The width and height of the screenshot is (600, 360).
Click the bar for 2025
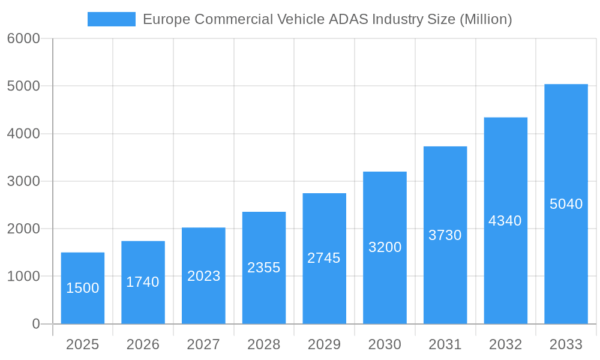[x=83, y=288]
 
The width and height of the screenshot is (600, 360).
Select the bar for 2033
[x=566, y=204]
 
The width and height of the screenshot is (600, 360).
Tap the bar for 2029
[x=324, y=258]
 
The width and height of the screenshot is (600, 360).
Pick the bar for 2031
[x=445, y=235]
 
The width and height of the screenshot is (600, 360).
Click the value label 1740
[x=143, y=282]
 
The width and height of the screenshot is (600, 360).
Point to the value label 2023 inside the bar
[x=203, y=276]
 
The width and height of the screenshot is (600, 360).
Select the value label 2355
[x=264, y=268]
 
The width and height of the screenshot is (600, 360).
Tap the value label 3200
[x=385, y=247]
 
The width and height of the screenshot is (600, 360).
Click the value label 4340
[x=505, y=221]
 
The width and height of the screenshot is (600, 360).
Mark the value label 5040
[x=566, y=204]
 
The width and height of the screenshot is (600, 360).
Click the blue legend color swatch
[x=112, y=19]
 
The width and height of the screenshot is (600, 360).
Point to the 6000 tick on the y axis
[x=23, y=38]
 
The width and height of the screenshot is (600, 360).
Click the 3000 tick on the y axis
[x=23, y=181]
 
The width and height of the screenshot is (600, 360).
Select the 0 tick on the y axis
[x=35, y=324]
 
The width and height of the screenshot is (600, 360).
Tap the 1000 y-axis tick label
[x=23, y=277]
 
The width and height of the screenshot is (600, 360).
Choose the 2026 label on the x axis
[x=143, y=344]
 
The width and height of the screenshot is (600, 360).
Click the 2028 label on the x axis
[x=264, y=344]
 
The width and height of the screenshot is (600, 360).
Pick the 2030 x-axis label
[x=385, y=344]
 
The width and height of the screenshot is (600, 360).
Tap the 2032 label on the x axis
[x=505, y=344]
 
